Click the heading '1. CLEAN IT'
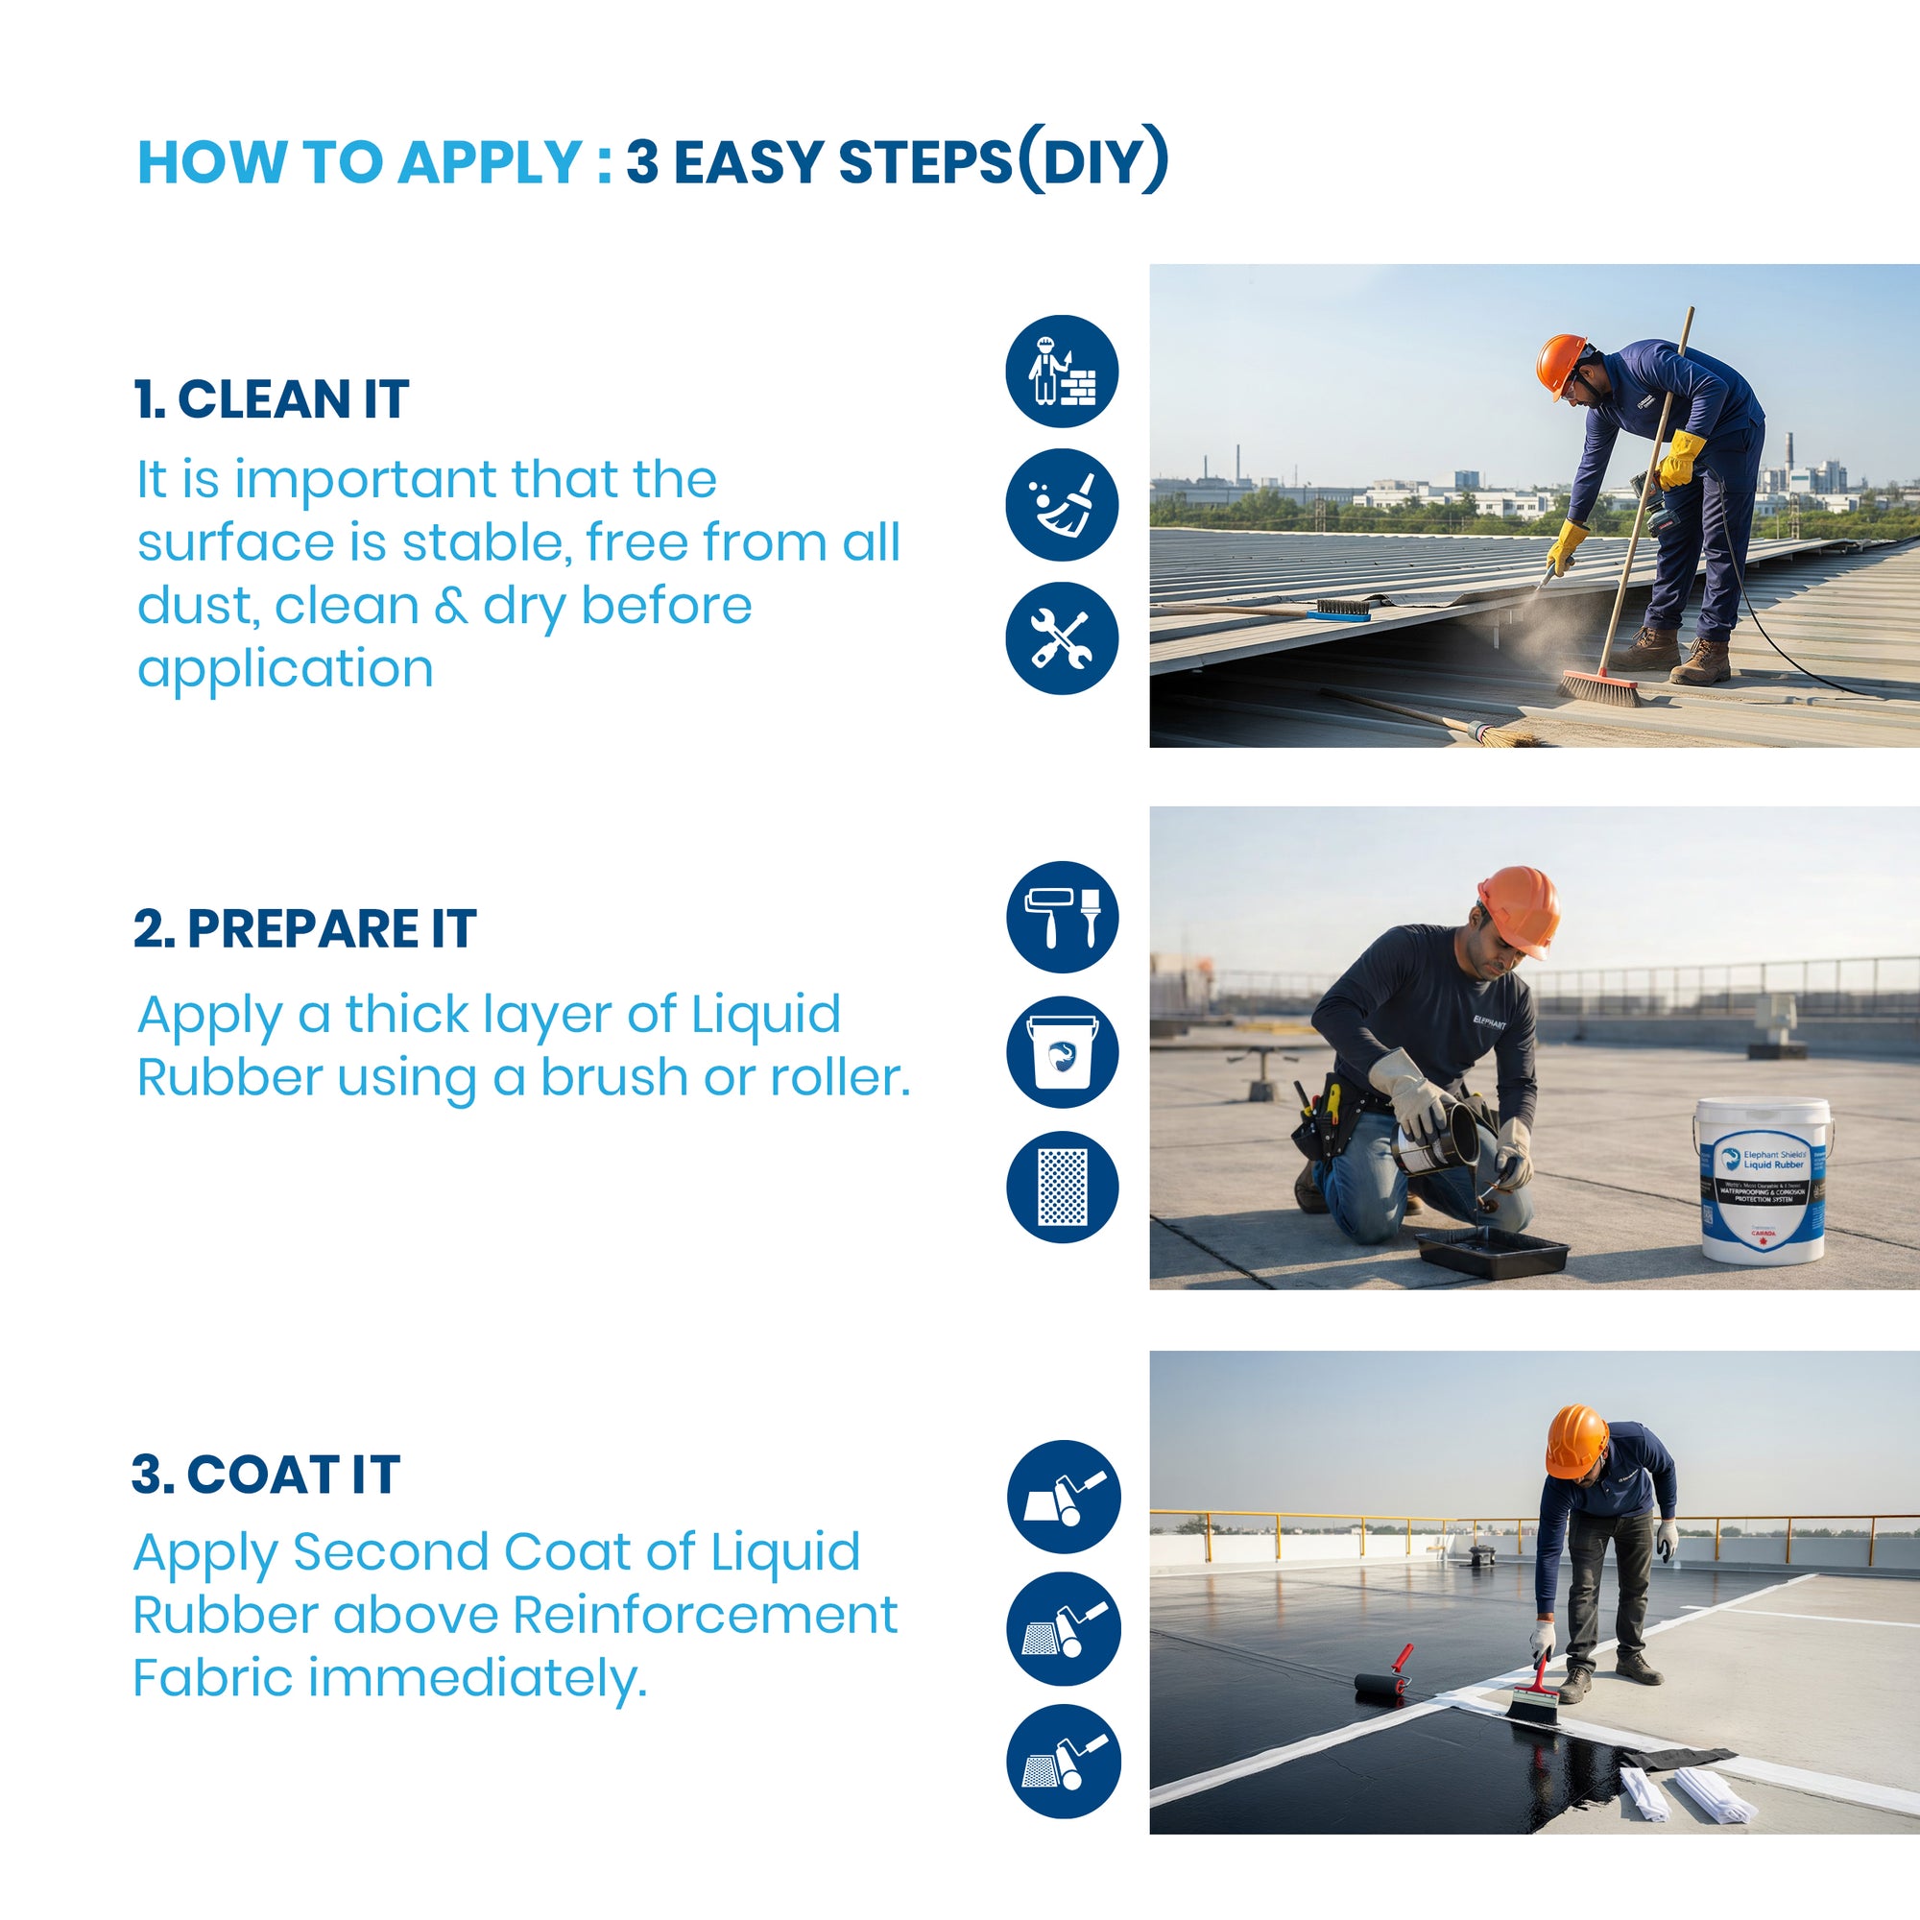tap(272, 399)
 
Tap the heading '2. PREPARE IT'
tap(305, 929)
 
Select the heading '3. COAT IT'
tap(266, 1474)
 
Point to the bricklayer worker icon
tap(1062, 372)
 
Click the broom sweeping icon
tap(1062, 505)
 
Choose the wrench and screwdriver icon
tap(1062, 638)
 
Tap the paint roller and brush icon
tap(1062, 916)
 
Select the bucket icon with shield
tap(1062, 1051)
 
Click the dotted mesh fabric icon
tap(1062, 1187)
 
